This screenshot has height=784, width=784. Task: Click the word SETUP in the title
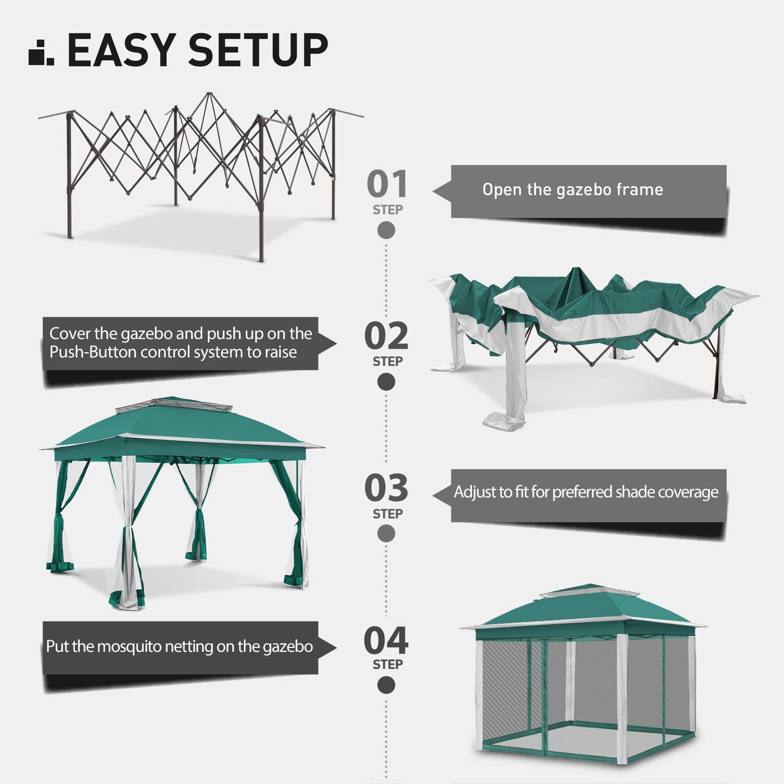[258, 50]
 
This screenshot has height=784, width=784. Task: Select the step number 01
[386, 185]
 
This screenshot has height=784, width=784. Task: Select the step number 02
[386, 337]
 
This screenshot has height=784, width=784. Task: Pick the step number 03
[386, 488]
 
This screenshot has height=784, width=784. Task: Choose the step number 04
[386, 641]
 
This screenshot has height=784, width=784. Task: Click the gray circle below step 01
[386, 230]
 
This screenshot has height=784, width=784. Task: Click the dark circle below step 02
[386, 382]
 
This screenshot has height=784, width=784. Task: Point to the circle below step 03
[386, 534]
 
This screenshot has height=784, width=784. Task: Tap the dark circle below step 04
[386, 685]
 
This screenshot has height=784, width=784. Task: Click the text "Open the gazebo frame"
[572, 190]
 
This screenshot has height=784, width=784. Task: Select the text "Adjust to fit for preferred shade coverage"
[586, 492]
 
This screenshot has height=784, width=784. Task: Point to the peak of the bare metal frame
[208, 95]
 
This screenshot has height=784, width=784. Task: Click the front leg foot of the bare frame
[261, 259]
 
